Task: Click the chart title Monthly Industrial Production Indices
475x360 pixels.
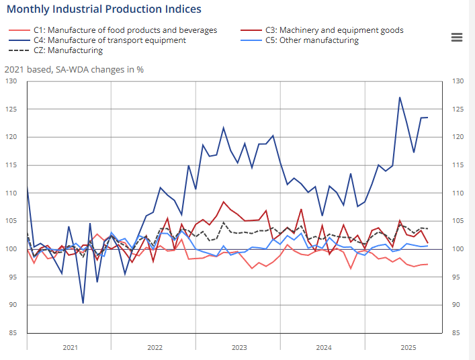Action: [x=103, y=9]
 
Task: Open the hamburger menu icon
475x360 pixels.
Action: [x=457, y=38]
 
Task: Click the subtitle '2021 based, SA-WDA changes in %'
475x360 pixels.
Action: [x=74, y=69]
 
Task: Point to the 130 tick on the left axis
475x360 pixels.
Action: [x=11, y=81]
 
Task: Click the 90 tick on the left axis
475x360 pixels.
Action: [x=13, y=305]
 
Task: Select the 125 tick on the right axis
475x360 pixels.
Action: [x=458, y=109]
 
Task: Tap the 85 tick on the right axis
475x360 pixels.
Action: [x=456, y=333]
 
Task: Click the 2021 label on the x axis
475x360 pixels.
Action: [x=70, y=347]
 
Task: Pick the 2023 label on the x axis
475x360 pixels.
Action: [x=239, y=347]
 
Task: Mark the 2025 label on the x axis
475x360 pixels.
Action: [x=408, y=347]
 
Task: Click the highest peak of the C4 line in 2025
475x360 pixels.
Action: [x=400, y=97]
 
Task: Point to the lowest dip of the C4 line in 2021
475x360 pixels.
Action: [x=83, y=303]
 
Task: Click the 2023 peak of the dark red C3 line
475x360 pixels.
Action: [x=224, y=201]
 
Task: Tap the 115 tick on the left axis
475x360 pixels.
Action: [x=11, y=165]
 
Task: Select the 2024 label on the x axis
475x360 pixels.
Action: [x=324, y=347]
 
